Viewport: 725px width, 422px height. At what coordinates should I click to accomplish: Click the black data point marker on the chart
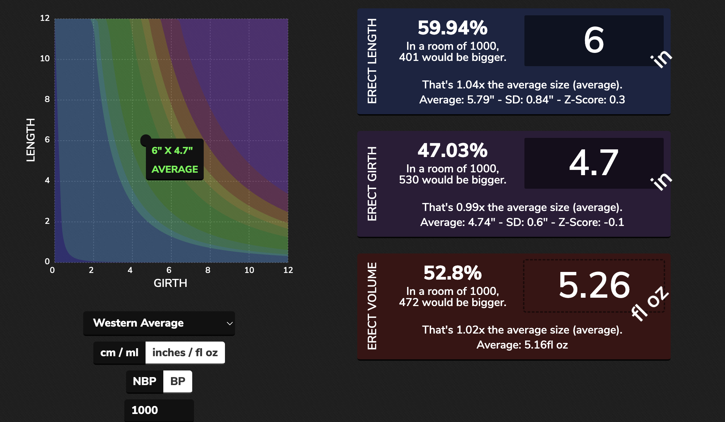[x=146, y=140]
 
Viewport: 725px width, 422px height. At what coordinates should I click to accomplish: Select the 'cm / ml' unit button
[x=119, y=353]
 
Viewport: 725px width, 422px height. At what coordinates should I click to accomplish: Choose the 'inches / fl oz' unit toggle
[x=185, y=353]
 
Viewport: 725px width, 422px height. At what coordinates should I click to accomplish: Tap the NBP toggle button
[x=145, y=381]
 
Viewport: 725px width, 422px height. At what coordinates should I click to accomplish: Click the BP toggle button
[x=178, y=381]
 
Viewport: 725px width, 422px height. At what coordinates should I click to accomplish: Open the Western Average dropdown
[x=159, y=323]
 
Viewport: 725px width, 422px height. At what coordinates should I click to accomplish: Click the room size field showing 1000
[x=159, y=410]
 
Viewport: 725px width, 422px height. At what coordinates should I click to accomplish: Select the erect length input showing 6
[x=594, y=40]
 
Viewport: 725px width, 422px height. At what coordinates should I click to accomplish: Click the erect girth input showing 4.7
[x=594, y=163]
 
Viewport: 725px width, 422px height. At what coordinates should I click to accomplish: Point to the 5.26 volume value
[x=594, y=286]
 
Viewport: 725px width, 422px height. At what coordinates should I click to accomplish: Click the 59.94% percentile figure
[x=452, y=28]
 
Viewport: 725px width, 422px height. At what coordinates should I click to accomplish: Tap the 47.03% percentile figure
[x=452, y=150]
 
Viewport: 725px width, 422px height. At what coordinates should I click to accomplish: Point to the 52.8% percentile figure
[x=452, y=273]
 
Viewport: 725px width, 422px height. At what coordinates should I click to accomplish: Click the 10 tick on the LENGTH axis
[x=45, y=58]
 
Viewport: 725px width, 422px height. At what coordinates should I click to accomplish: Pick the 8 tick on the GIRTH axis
[x=208, y=270]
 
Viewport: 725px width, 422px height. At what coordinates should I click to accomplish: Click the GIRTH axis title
[x=170, y=283]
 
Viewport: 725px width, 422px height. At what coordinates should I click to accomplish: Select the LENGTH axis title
[x=31, y=140]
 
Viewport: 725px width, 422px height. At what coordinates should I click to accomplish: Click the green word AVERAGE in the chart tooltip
[x=175, y=169]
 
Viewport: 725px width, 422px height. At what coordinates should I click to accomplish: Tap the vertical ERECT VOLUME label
[x=372, y=306]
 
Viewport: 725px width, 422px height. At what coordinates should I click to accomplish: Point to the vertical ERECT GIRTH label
[x=372, y=183]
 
